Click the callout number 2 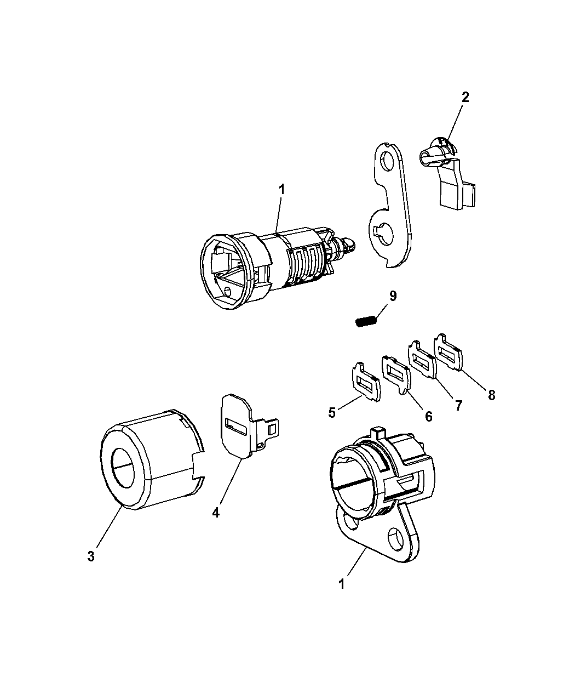pos(465,98)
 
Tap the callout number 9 pos(393,296)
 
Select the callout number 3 pos(91,556)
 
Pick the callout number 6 pos(428,417)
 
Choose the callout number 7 pos(458,406)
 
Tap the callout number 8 pos(491,395)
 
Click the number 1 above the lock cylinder pos(282,190)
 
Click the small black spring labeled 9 pos(365,322)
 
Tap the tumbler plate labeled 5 pos(366,382)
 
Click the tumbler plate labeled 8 pos(448,352)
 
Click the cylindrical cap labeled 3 pos(152,464)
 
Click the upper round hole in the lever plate pos(388,160)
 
